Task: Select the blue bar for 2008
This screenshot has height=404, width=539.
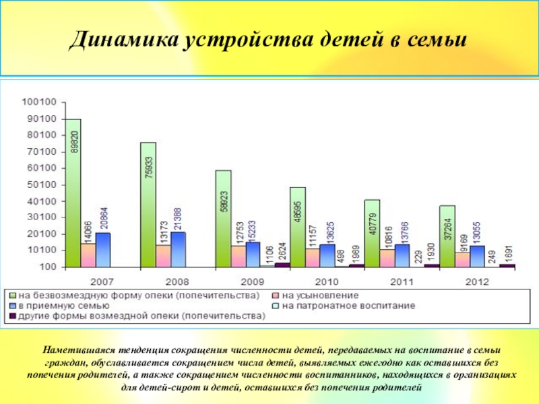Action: (x=178, y=250)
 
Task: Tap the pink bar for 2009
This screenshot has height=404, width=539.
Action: (x=238, y=257)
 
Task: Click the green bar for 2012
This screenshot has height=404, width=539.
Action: (x=447, y=236)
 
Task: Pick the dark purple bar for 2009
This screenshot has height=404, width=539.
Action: (x=282, y=265)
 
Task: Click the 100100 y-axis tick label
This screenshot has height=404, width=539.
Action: (x=40, y=102)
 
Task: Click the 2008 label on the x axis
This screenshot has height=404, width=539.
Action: (x=177, y=281)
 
